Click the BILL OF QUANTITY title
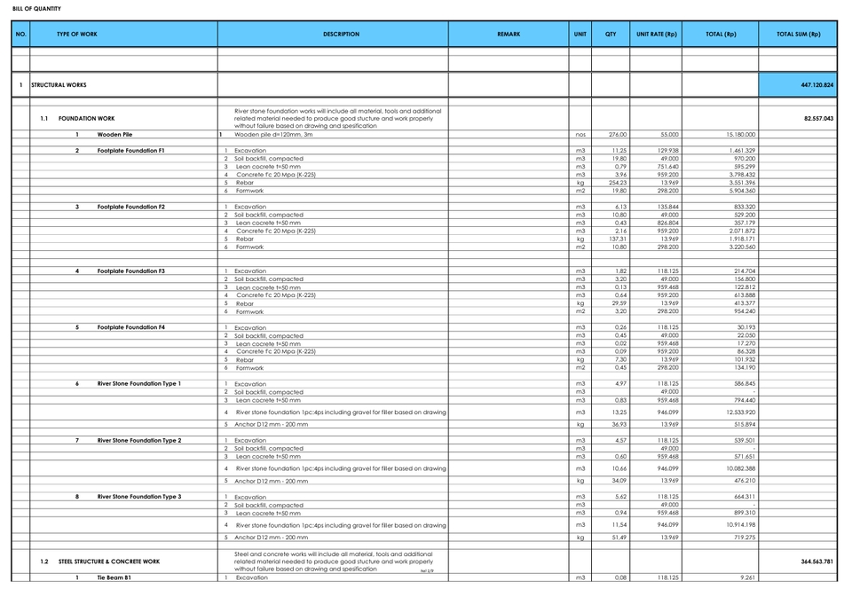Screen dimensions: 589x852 pos(36,9)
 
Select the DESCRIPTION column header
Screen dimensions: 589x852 pos(341,35)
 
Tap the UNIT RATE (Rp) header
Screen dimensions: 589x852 pos(657,35)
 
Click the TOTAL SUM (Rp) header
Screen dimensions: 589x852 pos(798,35)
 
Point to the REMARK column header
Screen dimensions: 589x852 pos(509,35)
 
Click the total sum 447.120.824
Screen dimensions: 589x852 pos(816,85)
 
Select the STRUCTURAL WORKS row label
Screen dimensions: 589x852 pos(59,85)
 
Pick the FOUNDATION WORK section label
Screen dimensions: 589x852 pos(86,118)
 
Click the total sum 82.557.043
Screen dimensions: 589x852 pos(817,118)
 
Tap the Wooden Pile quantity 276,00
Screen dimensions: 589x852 pos(617,135)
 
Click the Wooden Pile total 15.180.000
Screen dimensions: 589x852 pos(738,135)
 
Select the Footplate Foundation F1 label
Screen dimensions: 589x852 pos(130,151)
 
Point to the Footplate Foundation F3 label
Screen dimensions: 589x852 pos(130,271)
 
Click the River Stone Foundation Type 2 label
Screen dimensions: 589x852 pos(138,440)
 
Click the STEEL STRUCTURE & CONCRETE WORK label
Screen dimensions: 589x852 pos(109,562)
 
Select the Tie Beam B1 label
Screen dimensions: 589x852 pos(114,577)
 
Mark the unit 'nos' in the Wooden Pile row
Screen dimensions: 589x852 pos(580,135)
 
